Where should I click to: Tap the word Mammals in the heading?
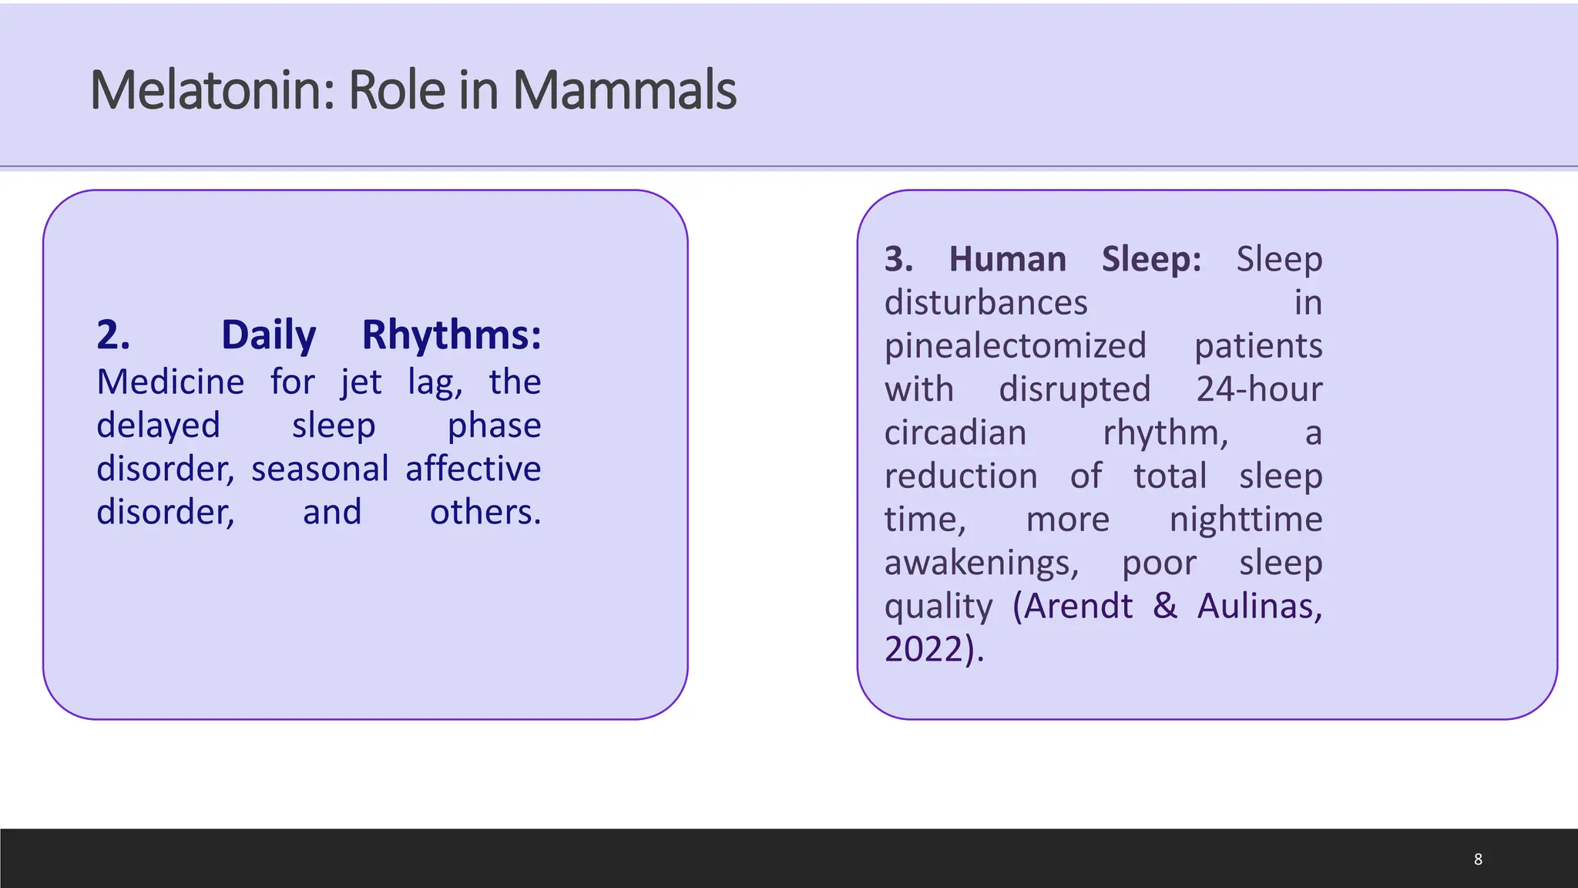(624, 90)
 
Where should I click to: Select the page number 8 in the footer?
(1478, 859)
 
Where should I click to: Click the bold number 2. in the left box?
(113, 335)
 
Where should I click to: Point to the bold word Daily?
(268, 335)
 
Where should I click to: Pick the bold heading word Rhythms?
(452, 335)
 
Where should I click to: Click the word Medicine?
(170, 382)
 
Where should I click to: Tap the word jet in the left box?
(361, 382)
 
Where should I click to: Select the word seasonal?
(320, 469)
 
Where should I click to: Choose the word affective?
(473, 469)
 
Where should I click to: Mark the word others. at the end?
(485, 512)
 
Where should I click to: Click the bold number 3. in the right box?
(898, 259)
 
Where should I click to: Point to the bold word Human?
(1007, 259)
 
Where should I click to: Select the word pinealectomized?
(1015, 346)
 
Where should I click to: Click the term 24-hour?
(1259, 389)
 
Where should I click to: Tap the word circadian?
(955, 432)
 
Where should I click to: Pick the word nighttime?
(1245, 520)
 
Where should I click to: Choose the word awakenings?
(981, 563)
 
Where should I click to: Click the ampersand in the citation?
(1165, 606)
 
